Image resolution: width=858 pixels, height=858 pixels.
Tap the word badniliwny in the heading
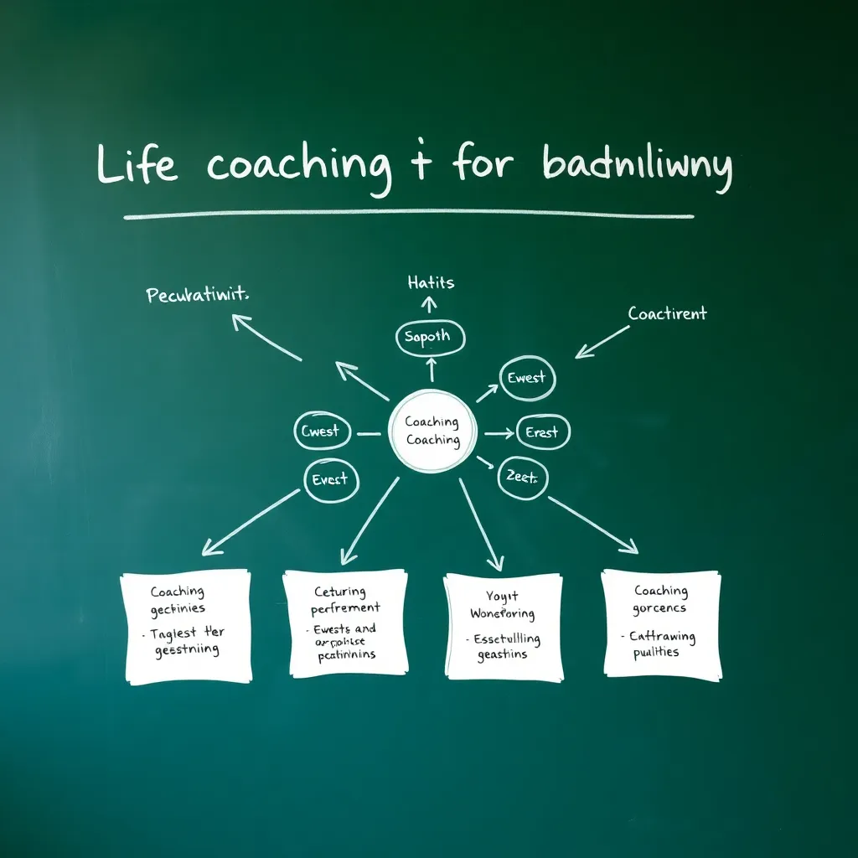[x=637, y=164]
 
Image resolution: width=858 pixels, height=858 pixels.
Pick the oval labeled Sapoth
[x=429, y=337]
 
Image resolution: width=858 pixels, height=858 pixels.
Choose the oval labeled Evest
[x=332, y=480]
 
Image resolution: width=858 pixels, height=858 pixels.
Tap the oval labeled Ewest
[x=527, y=378]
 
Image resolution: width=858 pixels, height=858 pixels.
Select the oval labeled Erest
[x=543, y=432]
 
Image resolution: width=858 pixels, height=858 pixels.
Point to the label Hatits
[x=432, y=283]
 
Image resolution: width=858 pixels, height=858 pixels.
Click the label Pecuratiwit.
[x=199, y=296]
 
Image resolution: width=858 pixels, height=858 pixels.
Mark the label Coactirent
[x=667, y=314]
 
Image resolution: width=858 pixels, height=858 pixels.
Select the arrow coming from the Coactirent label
[x=602, y=342]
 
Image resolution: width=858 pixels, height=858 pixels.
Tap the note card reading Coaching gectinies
[x=186, y=625]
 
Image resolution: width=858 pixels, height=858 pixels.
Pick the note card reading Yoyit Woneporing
[x=504, y=625]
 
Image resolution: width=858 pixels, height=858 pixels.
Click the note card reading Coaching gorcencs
[x=661, y=623]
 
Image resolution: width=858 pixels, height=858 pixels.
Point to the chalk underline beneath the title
[x=409, y=214]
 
